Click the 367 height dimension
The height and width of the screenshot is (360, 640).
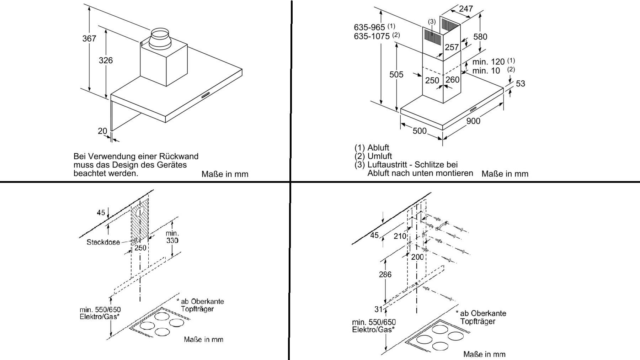tap(89, 38)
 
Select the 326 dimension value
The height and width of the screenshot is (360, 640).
tap(106, 60)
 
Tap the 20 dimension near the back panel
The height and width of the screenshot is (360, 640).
tap(102, 131)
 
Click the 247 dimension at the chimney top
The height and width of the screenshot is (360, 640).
tap(466, 9)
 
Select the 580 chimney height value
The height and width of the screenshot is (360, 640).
tap(480, 37)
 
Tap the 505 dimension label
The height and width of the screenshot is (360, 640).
tap(396, 74)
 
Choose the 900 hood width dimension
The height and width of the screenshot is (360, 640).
tap(473, 121)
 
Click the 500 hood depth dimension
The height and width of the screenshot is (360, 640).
tap(420, 131)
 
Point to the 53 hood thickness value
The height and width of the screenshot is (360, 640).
tap(520, 84)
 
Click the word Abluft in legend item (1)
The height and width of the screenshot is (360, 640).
tap(378, 148)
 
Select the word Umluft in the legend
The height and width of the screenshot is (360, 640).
tap(379, 156)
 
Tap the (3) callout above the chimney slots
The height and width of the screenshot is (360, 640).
tap(432, 22)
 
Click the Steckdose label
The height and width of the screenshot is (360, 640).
tap(103, 242)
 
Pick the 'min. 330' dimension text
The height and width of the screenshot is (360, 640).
tap(172, 237)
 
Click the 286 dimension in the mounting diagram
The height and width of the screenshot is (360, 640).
tap(385, 274)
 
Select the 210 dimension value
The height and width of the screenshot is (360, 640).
tap(400, 236)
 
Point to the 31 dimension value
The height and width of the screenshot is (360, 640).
tap(378, 309)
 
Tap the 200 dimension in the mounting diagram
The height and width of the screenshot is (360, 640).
tap(417, 257)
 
